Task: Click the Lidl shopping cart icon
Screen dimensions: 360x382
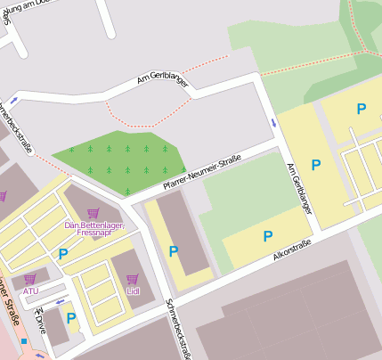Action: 133,279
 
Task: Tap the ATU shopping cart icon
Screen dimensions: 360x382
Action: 30,279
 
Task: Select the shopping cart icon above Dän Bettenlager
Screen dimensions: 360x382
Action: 93,213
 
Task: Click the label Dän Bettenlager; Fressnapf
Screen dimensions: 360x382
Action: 93,229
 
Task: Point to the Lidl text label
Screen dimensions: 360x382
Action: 133,291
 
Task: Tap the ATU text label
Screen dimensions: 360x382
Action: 30,291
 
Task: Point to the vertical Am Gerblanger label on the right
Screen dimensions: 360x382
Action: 299,188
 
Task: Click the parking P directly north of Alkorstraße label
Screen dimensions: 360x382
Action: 267,236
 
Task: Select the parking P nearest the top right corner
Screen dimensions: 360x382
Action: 361,109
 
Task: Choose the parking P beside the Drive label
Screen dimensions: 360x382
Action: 70,318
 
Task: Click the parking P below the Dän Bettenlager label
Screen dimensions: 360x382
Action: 63,255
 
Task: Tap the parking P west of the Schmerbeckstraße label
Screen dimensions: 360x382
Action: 173,251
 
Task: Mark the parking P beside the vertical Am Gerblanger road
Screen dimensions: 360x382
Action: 315,165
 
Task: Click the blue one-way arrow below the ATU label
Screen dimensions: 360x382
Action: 60,302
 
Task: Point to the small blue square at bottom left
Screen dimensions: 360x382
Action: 24,340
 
